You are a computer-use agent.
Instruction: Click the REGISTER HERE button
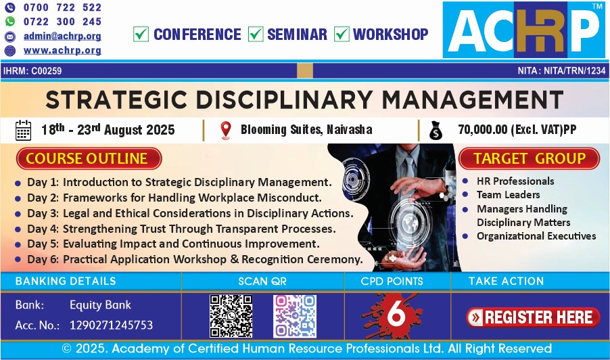(x=533, y=317)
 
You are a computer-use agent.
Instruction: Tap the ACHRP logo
(x=524, y=30)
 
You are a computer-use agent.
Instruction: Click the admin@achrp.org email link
(x=62, y=36)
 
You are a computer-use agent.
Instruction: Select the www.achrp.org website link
(x=62, y=51)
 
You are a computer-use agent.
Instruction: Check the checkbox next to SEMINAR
(x=256, y=34)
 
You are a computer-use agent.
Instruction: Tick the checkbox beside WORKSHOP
(x=342, y=34)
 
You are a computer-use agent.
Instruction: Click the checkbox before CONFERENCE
(x=141, y=34)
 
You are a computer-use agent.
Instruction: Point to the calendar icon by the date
(x=23, y=130)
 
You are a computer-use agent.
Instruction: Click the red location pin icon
(x=226, y=130)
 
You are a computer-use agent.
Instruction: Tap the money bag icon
(x=436, y=131)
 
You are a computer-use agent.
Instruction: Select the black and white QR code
(x=231, y=316)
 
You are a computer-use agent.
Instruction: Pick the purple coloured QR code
(x=294, y=316)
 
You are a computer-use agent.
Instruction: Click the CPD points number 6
(x=396, y=313)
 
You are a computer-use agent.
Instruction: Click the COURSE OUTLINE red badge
(x=89, y=158)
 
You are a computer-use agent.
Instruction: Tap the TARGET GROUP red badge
(x=529, y=158)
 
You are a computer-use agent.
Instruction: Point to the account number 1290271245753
(x=112, y=325)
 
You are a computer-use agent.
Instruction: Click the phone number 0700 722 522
(x=62, y=7)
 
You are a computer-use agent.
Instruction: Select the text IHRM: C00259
(x=32, y=71)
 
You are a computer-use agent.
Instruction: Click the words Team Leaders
(x=509, y=195)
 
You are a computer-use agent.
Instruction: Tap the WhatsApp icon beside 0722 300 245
(x=9, y=22)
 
